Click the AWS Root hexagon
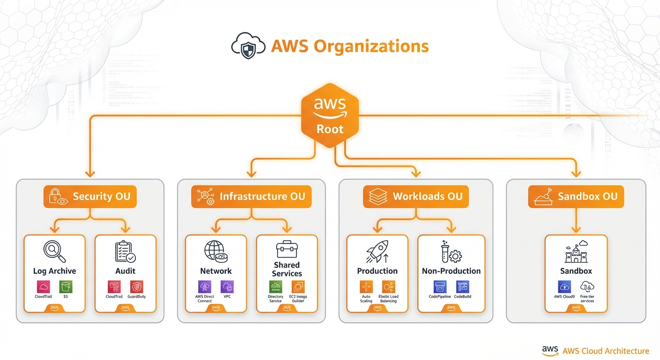click(x=330, y=115)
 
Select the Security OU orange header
click(x=90, y=196)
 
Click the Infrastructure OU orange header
click(x=251, y=196)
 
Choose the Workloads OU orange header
click(x=416, y=196)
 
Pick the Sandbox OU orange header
click(x=576, y=196)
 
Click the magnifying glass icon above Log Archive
click(x=54, y=251)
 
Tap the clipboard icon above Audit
click(x=125, y=251)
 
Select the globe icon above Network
click(x=216, y=251)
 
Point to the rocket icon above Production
click(x=377, y=251)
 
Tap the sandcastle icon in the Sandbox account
click(x=576, y=251)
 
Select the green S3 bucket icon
click(x=66, y=287)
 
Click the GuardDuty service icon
click(x=136, y=287)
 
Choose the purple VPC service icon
click(x=227, y=287)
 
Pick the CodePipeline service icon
click(x=440, y=287)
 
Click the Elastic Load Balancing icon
click(x=389, y=287)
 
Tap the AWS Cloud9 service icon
click(x=564, y=287)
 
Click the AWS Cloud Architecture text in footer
click(x=605, y=351)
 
